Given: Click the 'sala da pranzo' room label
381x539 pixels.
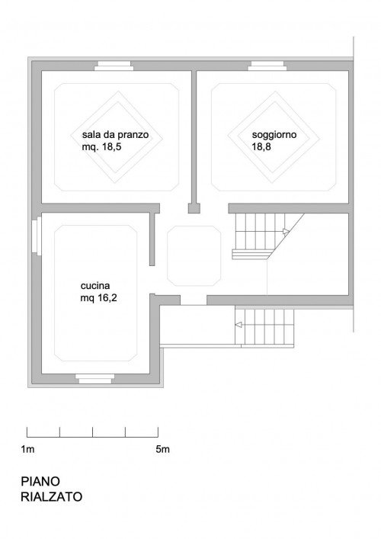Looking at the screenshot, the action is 115,134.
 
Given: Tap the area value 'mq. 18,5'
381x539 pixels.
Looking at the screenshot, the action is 101,147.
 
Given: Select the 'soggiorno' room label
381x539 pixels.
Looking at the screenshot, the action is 274,135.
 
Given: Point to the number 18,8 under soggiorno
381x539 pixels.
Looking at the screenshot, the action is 261,147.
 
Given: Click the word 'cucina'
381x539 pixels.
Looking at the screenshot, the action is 95,286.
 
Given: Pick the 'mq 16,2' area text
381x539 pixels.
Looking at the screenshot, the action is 98,297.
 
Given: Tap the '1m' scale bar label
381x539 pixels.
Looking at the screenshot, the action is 27,449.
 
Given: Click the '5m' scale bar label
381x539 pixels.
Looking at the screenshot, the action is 162,449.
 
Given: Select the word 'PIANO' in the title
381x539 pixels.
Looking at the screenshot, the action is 40,481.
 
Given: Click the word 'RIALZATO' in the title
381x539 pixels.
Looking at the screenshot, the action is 52,497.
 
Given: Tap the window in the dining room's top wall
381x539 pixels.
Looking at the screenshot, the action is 114,66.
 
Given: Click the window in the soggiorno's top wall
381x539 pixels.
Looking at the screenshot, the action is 267,66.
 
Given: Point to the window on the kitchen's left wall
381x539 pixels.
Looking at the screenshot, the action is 37,237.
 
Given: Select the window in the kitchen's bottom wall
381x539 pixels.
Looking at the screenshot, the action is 94,378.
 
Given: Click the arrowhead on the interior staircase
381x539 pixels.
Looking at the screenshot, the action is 287,231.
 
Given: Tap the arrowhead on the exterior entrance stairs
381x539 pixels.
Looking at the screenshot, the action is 239,325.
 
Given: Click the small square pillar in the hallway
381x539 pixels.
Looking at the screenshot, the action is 194,208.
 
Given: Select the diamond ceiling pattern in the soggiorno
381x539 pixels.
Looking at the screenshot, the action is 274,137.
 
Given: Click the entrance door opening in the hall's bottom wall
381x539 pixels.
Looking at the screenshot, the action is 194,300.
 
